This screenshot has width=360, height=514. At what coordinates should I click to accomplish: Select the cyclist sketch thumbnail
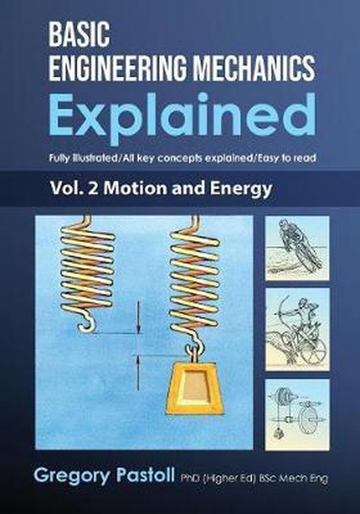pos(297,248)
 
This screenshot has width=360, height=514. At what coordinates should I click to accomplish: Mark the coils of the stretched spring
pos(195,279)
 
